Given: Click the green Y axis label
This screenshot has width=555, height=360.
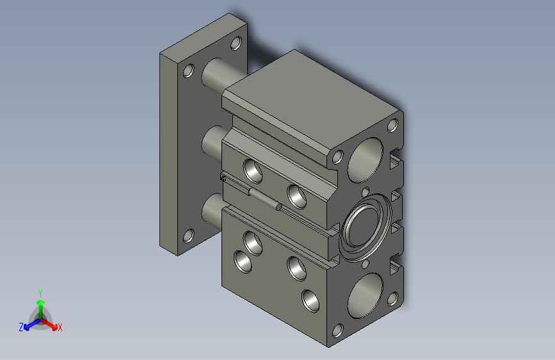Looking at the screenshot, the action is point(40,293).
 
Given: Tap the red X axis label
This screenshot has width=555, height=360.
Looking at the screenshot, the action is point(60,327).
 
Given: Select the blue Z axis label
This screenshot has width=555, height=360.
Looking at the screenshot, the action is point(21,327).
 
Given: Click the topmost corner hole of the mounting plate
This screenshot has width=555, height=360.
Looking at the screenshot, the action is point(236,43).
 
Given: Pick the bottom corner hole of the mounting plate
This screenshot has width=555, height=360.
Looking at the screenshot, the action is point(189,236).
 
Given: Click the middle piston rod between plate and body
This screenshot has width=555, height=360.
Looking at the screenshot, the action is point(213,143).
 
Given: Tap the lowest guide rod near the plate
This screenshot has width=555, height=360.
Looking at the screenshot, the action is point(213,211).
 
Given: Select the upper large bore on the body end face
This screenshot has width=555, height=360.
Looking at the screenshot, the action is point(366,160).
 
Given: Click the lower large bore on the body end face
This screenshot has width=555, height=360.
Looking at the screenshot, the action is point(366,295).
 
